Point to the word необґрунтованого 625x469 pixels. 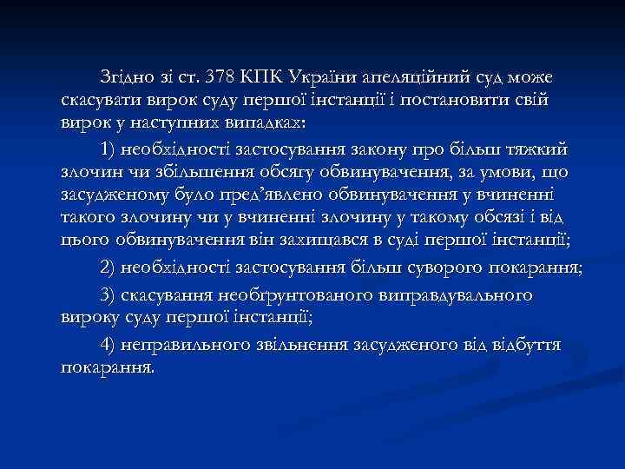point(311,294)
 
